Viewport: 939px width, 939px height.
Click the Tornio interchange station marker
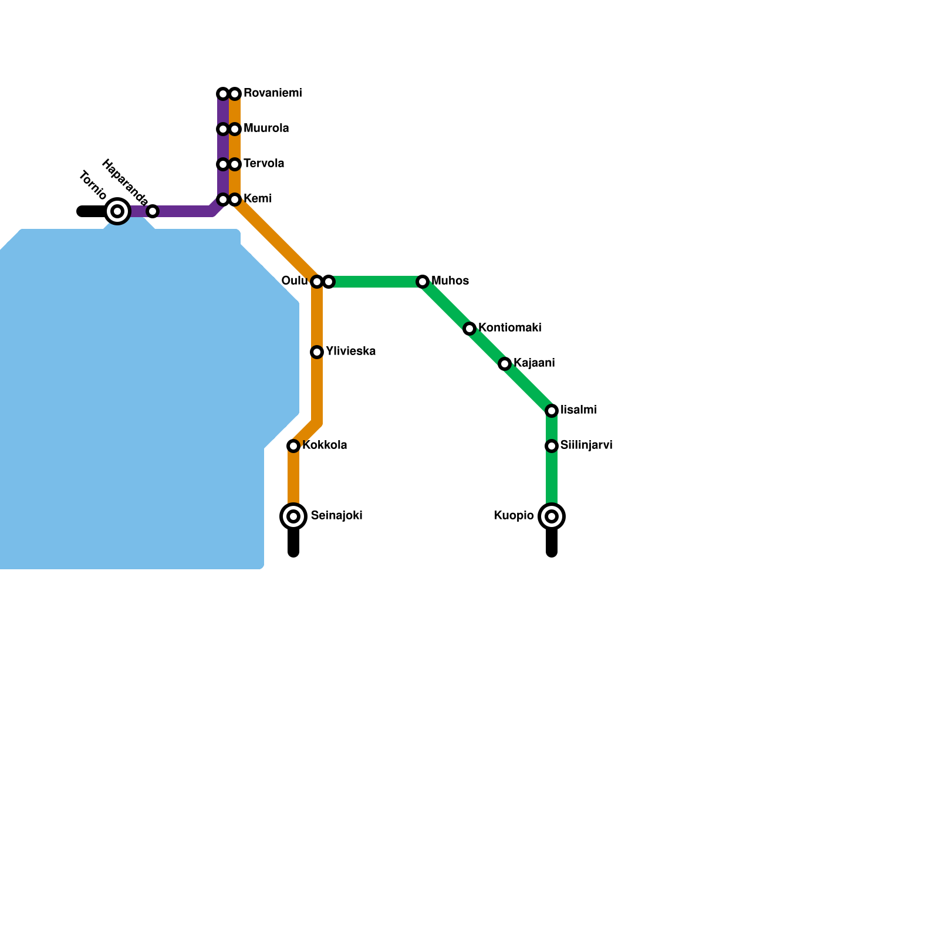[117, 211]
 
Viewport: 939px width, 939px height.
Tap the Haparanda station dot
[153, 211]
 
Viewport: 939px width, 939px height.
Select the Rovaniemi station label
[272, 93]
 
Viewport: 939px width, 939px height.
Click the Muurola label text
[266, 129]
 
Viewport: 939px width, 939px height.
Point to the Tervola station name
[264, 164]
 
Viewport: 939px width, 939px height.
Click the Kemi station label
[257, 199]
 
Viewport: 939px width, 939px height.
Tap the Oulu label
[294, 281]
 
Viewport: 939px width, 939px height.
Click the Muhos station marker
[423, 282]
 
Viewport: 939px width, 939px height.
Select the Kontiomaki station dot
[469, 329]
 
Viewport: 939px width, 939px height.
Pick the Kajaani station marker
[505, 364]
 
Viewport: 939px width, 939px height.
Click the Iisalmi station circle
[552, 411]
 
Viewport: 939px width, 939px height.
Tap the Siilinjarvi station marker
[552, 446]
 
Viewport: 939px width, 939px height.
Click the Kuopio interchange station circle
[552, 516]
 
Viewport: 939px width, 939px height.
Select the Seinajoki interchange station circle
[293, 516]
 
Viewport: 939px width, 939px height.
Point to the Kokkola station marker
[293, 446]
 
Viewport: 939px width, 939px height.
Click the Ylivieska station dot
[317, 352]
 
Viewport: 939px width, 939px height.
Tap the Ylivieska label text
[350, 352]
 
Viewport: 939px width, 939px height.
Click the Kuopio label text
[514, 516]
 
